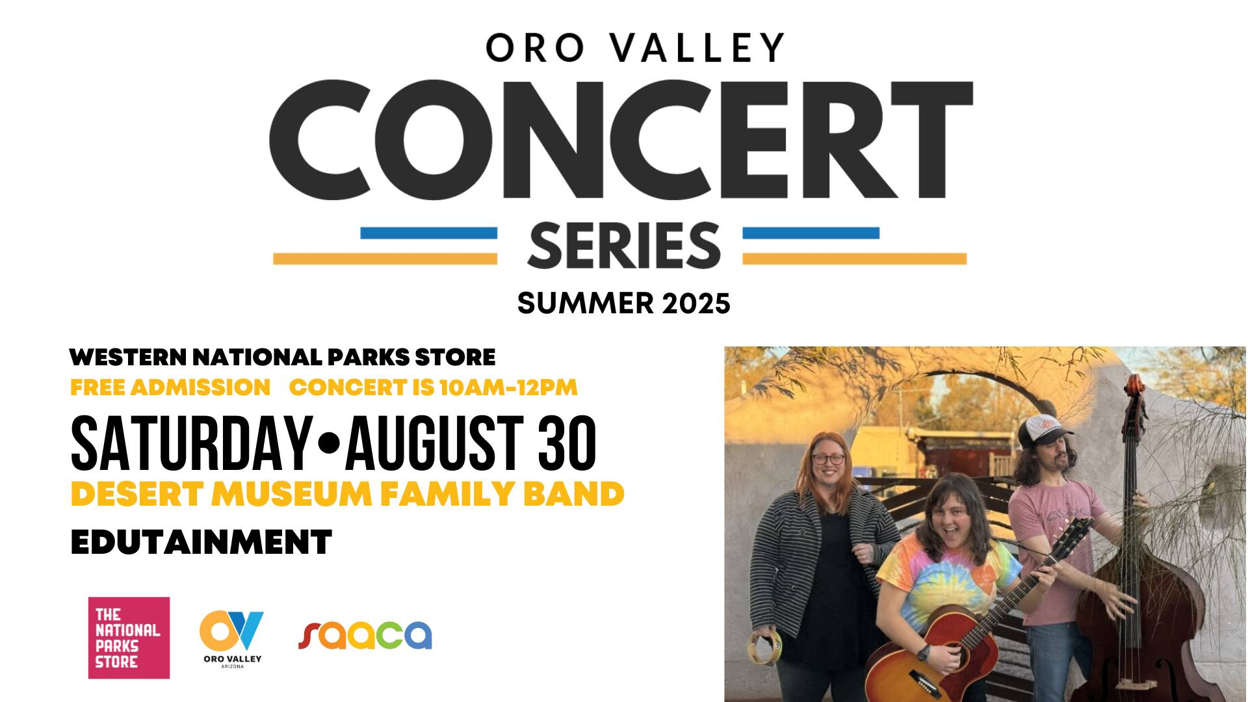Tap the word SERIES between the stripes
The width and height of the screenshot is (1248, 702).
tap(623, 246)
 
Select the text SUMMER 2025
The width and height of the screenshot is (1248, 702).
tap(624, 304)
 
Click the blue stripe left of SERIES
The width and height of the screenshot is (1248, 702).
tap(428, 233)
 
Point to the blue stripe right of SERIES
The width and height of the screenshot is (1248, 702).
tap(811, 233)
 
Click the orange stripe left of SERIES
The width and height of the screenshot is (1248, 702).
tap(385, 259)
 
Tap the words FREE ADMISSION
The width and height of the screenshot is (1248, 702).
tap(170, 387)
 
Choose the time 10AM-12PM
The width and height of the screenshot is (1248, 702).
tap(508, 387)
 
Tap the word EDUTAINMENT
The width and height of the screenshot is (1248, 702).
tap(201, 542)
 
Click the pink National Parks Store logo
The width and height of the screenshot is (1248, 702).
tap(129, 638)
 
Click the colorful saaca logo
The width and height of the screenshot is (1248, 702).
tap(365, 635)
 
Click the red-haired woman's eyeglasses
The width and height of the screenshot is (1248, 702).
tap(828, 458)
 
